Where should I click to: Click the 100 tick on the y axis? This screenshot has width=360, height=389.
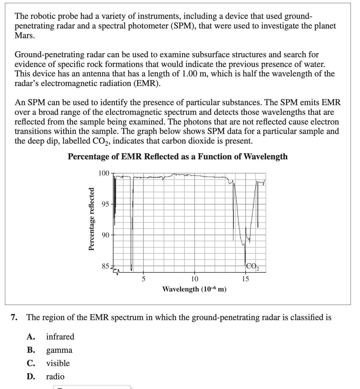click(104, 173)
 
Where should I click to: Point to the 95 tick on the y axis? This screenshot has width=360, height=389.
click(106, 204)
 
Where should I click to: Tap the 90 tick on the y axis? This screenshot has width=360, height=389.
click(106, 235)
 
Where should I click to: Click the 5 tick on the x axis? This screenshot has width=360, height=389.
click(143, 279)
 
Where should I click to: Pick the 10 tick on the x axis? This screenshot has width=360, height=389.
click(195, 279)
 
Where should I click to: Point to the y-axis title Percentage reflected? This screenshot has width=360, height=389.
click(91, 219)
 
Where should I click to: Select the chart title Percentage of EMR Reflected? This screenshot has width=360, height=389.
click(178, 157)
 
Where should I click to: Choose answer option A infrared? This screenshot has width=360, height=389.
click(60, 337)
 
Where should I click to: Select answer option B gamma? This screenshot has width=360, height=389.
click(59, 350)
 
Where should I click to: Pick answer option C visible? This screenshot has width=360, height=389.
click(58, 363)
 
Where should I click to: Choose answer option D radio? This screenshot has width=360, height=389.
click(55, 377)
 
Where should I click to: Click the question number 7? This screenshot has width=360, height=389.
click(14, 317)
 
